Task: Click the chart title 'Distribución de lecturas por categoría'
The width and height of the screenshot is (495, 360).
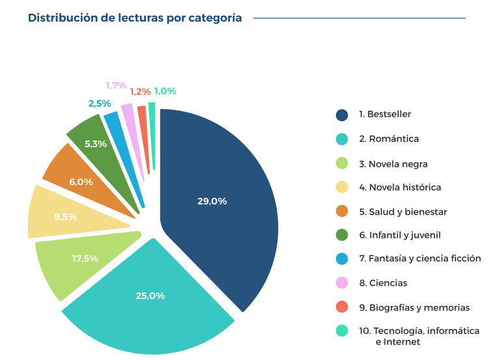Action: coord(135,18)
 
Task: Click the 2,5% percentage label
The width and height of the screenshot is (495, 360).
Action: coord(100,104)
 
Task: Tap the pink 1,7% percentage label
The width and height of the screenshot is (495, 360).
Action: coord(116,85)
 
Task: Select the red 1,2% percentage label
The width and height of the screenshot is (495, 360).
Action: coord(140,92)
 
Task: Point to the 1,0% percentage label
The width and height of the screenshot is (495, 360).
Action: coord(165,91)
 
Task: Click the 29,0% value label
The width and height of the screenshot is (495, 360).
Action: coord(212,201)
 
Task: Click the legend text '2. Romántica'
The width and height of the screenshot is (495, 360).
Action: coord(389,139)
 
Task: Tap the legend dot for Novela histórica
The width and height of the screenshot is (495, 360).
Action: coord(342,187)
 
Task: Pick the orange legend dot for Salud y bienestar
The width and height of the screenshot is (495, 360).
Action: coord(342,212)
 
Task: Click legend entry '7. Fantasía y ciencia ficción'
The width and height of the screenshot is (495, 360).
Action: coord(420,258)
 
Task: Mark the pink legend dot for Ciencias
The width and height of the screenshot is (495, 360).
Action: coord(342,283)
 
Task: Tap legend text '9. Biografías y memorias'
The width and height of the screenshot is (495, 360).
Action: coord(414,307)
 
